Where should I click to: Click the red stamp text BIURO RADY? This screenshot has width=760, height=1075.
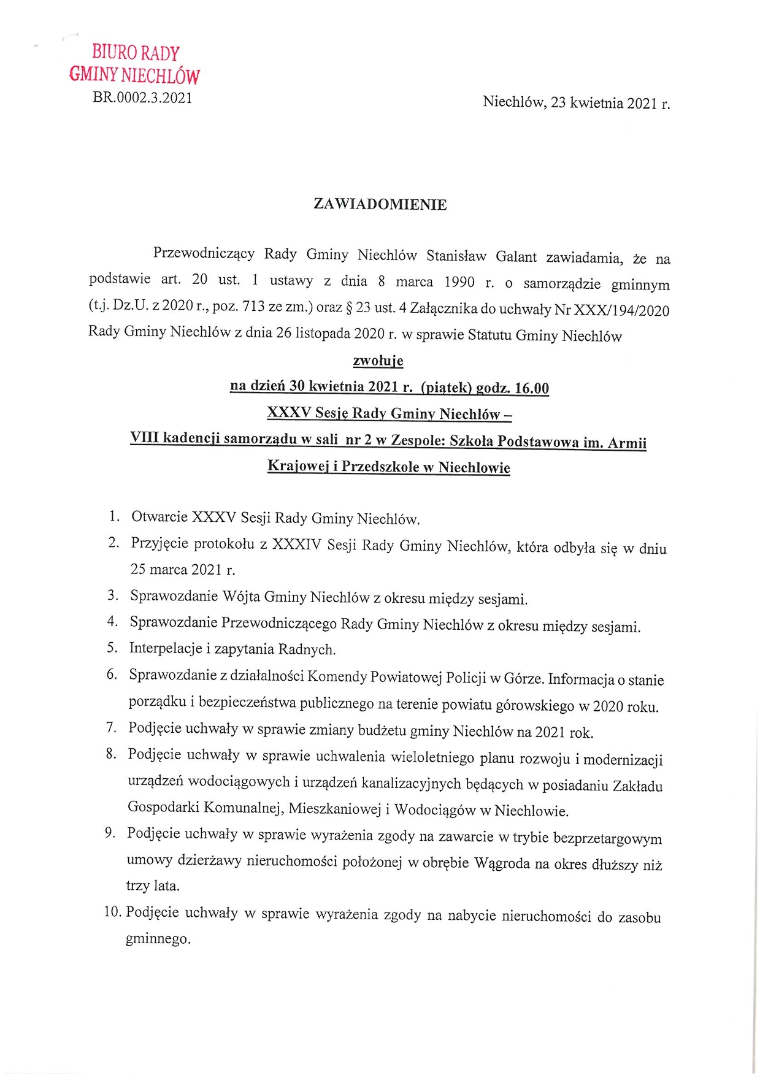point(136,53)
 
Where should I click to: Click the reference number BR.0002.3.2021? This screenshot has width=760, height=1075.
point(142,98)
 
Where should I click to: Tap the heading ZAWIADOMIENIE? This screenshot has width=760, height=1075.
point(380,205)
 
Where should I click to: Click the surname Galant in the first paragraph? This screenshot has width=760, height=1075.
point(516,256)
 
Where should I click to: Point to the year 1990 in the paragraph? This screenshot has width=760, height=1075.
point(459,282)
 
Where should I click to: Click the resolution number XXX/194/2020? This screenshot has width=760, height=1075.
point(621,310)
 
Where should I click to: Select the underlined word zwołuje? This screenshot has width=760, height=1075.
point(378,361)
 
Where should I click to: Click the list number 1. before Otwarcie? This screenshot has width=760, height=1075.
point(114,516)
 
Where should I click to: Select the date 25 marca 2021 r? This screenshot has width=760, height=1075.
point(182,570)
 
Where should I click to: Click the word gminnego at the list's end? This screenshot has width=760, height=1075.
point(158,938)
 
